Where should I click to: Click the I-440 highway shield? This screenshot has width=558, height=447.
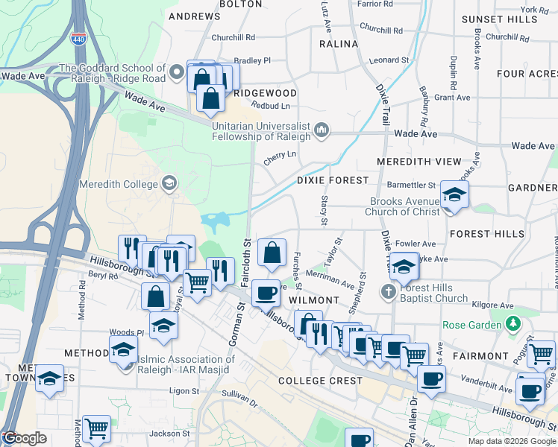pyautogui.click(x=78, y=39)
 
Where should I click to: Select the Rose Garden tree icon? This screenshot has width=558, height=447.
pyautogui.click(x=512, y=324)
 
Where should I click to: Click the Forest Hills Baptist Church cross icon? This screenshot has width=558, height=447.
pyautogui.click(x=387, y=291)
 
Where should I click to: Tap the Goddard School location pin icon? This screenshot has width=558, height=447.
pyautogui.click(x=177, y=72)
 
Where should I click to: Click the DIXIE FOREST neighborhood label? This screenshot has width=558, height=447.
pyautogui.click(x=333, y=180)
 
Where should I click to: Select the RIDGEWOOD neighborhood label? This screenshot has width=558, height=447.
pyautogui.click(x=265, y=93)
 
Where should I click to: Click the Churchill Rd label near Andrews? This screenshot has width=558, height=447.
pyautogui.click(x=233, y=37)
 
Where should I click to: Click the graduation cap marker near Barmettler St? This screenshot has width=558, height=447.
pyautogui.click(x=454, y=195)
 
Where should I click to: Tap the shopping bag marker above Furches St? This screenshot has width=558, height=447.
pyautogui.click(x=272, y=253)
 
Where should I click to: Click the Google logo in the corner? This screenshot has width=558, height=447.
pyautogui.click(x=25, y=438)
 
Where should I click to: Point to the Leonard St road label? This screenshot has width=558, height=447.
pyautogui.click(x=389, y=60)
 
